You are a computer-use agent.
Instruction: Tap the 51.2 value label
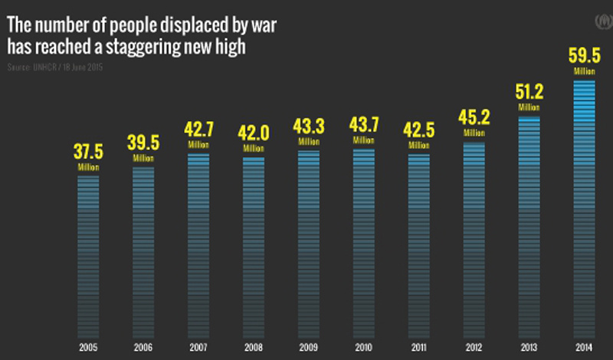[x=529, y=93]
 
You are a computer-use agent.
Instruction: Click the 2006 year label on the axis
[x=143, y=346]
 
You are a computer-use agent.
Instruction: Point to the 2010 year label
[x=364, y=346]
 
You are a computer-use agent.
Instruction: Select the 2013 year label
[x=529, y=346]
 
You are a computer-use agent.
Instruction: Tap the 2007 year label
[x=198, y=346]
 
